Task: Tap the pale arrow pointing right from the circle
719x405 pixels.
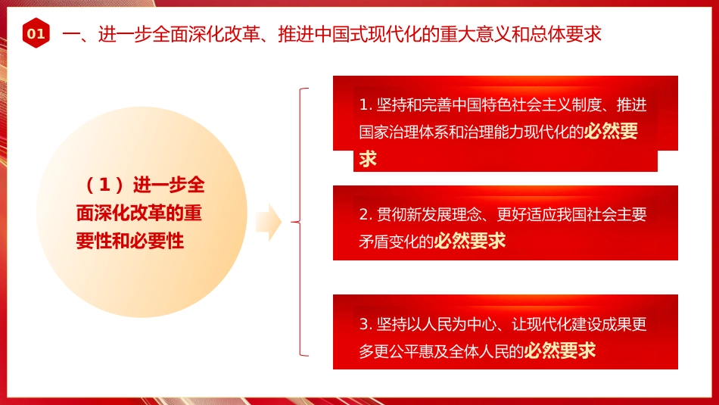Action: coord(269,223)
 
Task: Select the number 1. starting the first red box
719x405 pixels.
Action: coord(366,104)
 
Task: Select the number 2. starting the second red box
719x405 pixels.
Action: coord(366,214)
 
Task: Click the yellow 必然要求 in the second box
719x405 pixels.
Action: coord(470,241)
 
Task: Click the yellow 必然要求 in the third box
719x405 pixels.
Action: coord(560,350)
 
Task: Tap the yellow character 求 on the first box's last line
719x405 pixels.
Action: coord(369,159)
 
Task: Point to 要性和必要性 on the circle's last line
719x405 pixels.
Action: coord(130,241)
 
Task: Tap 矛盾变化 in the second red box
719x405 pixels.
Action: coord(395,241)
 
